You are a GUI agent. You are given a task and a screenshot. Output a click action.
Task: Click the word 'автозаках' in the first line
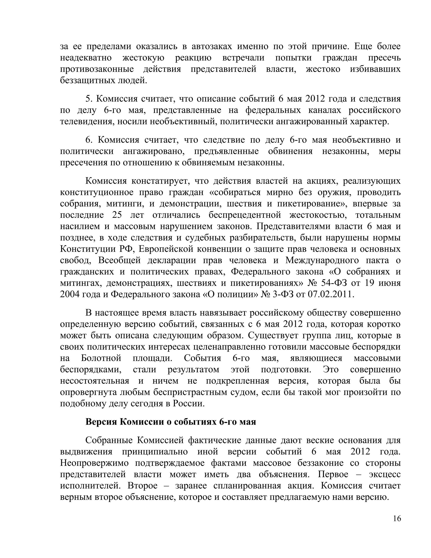pos(212,47)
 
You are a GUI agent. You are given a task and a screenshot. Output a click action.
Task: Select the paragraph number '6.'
pos(89,140)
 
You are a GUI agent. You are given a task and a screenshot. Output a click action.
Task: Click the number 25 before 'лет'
pos(117,215)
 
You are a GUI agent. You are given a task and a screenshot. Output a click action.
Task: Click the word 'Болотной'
pos(101,358)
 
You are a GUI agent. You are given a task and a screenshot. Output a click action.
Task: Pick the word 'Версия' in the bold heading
pos(101,422)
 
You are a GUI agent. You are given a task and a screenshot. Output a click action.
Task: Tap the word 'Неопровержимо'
pos(94,463)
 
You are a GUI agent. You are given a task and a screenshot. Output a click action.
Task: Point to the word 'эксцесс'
pos(385,474)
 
